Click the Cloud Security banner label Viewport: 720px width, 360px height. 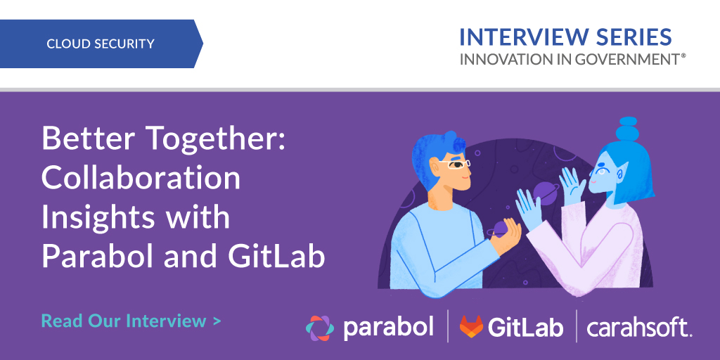coord(100,44)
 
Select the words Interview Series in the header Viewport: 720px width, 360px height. coord(565,37)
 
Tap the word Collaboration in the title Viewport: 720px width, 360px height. coord(141,177)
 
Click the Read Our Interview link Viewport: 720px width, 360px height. coord(131,321)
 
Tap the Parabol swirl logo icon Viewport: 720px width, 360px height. coord(319,328)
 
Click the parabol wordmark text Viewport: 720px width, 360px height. coord(388,328)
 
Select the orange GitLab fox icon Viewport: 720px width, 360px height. coord(471,326)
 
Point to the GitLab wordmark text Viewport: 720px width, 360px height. coord(525,327)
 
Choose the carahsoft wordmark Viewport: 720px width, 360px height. coord(639,328)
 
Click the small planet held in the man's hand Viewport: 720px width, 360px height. coord(500,229)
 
